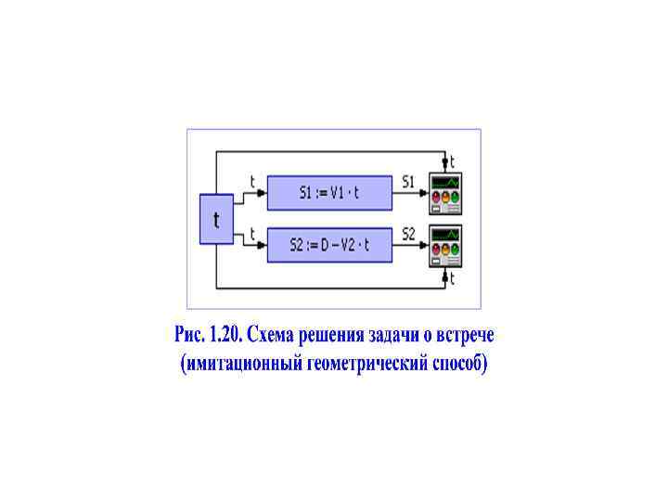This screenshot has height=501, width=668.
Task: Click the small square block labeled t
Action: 216,220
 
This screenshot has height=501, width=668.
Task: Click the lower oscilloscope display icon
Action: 444,245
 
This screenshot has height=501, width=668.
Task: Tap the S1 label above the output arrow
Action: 408,183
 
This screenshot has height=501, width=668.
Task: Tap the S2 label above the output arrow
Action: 408,234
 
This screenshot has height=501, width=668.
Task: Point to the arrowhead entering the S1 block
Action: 263,194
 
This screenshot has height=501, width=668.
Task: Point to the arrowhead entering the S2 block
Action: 263,246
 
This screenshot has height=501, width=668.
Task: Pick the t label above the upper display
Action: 453,161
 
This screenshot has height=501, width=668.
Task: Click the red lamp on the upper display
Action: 434,197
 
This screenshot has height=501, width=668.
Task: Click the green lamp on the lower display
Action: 456,250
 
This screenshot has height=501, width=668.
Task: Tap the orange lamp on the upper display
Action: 445,197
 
